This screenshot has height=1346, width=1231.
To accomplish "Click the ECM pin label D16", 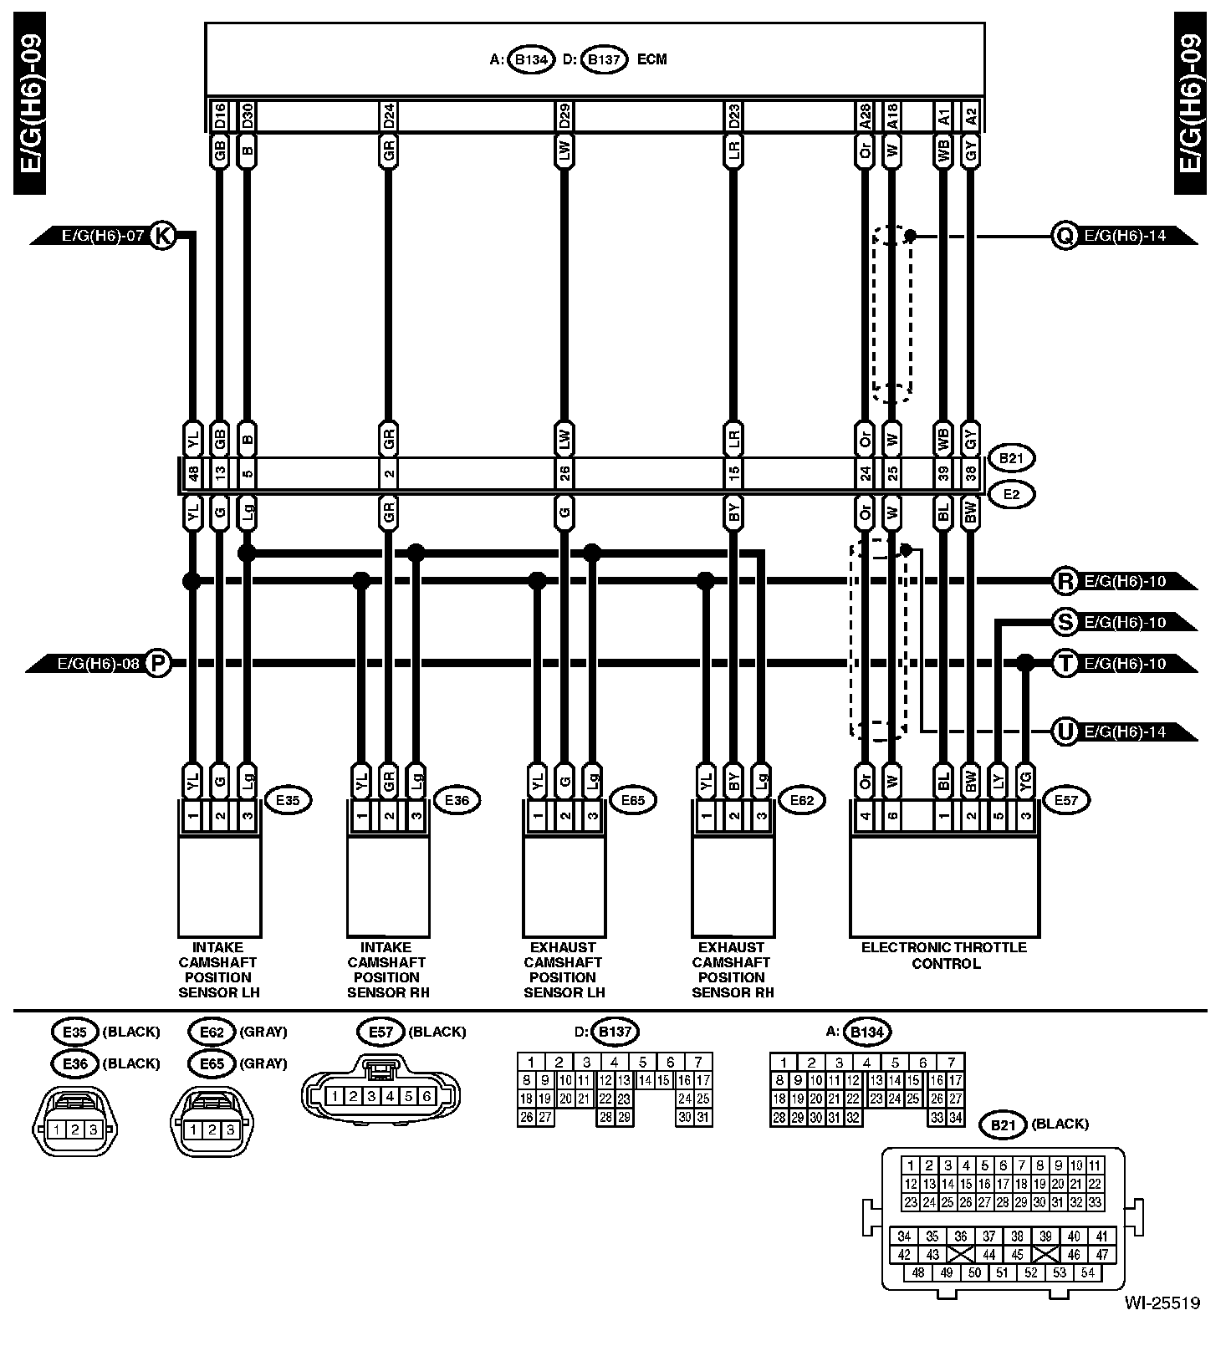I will pyautogui.click(x=219, y=115).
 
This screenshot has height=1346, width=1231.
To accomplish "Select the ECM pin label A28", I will pyautogui.click(x=865, y=115).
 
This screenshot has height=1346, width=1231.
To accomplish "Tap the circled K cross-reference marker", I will pyautogui.click(x=163, y=236).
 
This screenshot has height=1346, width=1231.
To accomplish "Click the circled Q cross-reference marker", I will pyautogui.click(x=1065, y=237).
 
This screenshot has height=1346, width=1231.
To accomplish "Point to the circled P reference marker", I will pyautogui.click(x=158, y=664).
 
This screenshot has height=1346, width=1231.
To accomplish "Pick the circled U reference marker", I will pyautogui.click(x=1065, y=732).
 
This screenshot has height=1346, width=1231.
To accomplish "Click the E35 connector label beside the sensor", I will pyautogui.click(x=287, y=800).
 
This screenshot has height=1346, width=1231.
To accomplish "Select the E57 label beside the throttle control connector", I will pyautogui.click(x=1066, y=800).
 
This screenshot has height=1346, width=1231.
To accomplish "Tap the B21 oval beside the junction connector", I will pyautogui.click(x=1011, y=458).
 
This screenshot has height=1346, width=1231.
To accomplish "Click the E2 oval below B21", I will pyautogui.click(x=1011, y=495).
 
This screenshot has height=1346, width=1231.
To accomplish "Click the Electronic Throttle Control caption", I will pyautogui.click(x=944, y=955).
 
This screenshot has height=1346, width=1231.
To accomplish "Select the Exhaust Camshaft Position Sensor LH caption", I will pyautogui.click(x=564, y=970).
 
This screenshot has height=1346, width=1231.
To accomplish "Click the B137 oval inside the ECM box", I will pyautogui.click(x=604, y=60).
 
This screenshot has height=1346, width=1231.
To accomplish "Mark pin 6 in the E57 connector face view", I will pyautogui.click(x=427, y=1096).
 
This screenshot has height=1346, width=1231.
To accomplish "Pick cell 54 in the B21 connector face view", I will pyautogui.click(x=1087, y=1272).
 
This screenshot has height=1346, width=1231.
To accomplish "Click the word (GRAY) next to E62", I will pyautogui.click(x=263, y=1032).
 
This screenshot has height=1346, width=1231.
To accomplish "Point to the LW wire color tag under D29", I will pyautogui.click(x=564, y=151).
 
